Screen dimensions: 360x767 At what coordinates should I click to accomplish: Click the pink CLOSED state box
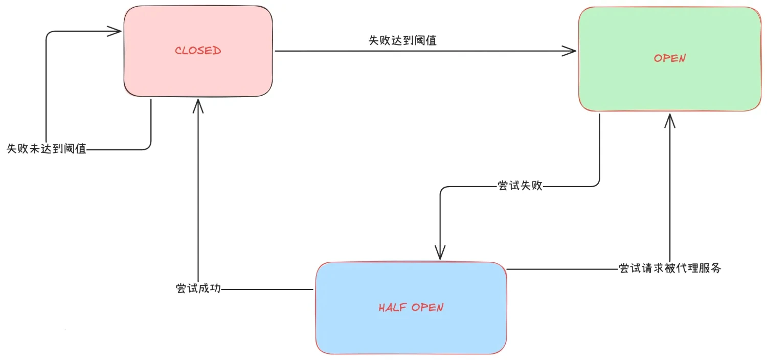pos(198,72)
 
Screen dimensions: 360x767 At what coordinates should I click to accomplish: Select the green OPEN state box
pos(669,82)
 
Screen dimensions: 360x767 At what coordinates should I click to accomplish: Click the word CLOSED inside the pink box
pos(198,51)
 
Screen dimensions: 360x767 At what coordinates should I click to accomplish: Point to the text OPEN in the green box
pos(669,58)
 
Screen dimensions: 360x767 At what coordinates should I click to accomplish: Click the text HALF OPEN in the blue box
pos(411,307)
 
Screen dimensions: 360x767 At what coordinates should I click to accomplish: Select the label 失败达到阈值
pos(402,40)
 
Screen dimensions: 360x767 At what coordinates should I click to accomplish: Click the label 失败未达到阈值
pos(47,149)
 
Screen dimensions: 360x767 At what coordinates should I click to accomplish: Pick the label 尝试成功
pos(198,288)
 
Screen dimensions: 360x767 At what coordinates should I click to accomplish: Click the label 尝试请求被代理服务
pos(670,268)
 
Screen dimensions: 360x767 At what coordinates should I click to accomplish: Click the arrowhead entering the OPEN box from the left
pos(571,51)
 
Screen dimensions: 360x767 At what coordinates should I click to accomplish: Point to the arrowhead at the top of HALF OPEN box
pos(440,253)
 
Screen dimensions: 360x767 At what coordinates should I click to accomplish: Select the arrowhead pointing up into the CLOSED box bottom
pos(198,105)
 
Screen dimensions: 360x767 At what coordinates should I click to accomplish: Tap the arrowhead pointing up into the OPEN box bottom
pos(670,120)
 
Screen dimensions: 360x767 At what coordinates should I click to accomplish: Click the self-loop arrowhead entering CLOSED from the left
pos(115,32)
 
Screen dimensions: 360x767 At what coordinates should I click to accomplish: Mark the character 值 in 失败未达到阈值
pos(80,149)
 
